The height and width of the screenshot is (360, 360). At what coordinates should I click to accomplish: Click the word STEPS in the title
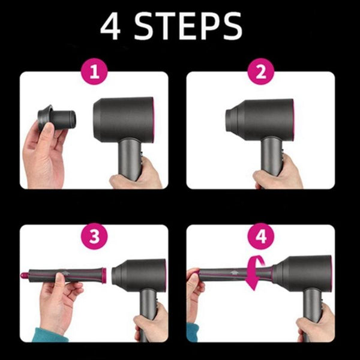tap(191, 26)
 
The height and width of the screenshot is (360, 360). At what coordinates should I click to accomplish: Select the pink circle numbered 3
tap(94, 236)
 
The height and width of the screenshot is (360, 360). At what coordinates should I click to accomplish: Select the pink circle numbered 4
tap(260, 236)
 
